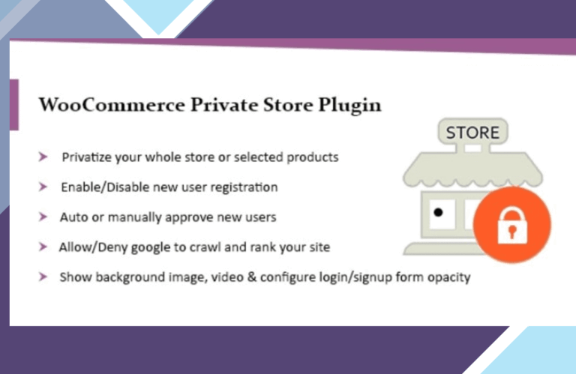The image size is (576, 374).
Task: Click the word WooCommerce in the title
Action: pyautogui.click(x=112, y=105)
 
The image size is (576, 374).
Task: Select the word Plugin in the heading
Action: pyautogui.click(x=349, y=106)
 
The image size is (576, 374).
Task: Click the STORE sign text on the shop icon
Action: pyautogui.click(x=472, y=133)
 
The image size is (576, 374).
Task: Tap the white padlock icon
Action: pyautogui.click(x=512, y=226)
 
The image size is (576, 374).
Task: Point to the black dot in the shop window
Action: pyautogui.click(x=438, y=212)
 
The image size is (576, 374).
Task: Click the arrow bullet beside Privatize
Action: pyautogui.click(x=43, y=157)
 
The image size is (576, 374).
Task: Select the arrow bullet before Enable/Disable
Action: pyautogui.click(x=43, y=187)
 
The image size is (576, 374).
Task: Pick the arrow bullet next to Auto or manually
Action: pyautogui.click(x=43, y=217)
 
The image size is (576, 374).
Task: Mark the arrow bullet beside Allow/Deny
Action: pyautogui.click(x=43, y=247)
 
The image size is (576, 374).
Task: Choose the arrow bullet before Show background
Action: pyautogui.click(x=43, y=277)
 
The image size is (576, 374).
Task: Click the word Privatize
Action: pyautogui.click(x=87, y=157)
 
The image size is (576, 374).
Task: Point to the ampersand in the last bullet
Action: pyautogui.click(x=252, y=277)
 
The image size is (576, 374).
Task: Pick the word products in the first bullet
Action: pyautogui.click(x=313, y=158)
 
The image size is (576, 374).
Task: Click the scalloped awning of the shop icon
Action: pyautogui.click(x=472, y=169)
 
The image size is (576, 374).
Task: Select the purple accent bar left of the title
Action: pyautogui.click(x=14, y=105)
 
